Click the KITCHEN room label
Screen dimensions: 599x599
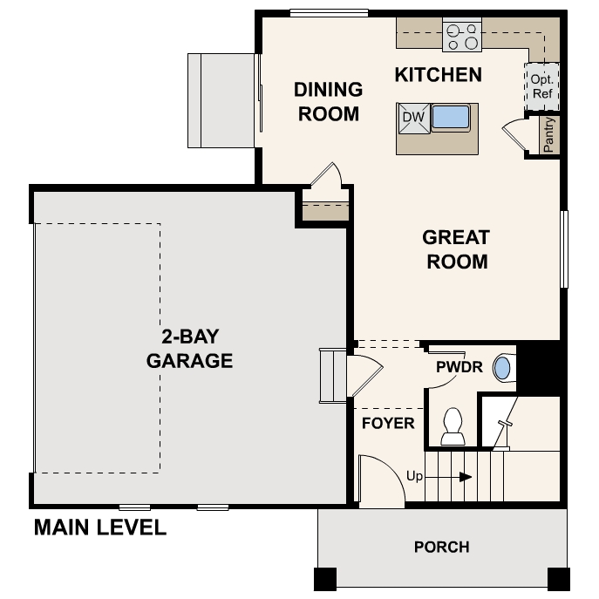click(x=438, y=74)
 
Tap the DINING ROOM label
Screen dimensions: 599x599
click(x=328, y=101)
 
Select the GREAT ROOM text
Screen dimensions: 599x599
click(x=455, y=249)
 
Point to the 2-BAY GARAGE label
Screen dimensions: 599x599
click(x=189, y=349)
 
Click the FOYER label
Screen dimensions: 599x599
click(x=388, y=424)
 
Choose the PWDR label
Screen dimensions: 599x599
click(x=459, y=366)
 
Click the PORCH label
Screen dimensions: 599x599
click(x=441, y=548)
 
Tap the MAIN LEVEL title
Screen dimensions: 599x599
click(x=99, y=528)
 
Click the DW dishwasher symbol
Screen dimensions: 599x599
click(x=412, y=118)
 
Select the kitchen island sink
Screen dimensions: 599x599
click(x=450, y=117)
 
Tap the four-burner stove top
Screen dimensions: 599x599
click(x=462, y=35)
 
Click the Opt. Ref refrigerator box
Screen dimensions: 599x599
click(x=541, y=85)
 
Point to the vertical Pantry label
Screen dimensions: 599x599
click(x=548, y=135)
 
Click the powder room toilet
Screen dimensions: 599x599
click(x=453, y=426)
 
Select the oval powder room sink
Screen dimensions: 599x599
click(x=503, y=367)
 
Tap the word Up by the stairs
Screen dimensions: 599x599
click(x=416, y=476)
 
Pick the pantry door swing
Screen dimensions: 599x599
click(x=516, y=138)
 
